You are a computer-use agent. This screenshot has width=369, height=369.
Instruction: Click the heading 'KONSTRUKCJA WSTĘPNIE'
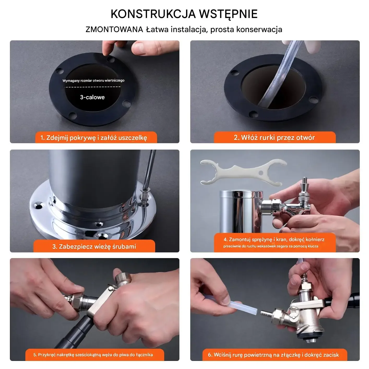coord(184,14)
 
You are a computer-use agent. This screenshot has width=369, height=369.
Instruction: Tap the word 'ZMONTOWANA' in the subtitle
coord(114,29)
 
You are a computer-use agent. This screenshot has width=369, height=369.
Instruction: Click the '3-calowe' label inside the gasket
coord(92,97)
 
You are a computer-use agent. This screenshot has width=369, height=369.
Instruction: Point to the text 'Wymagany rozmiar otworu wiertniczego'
coord(93,81)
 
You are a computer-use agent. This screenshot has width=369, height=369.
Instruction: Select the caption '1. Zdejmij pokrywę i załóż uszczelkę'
coord(94,138)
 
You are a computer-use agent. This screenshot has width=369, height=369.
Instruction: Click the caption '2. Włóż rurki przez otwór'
coord(274,138)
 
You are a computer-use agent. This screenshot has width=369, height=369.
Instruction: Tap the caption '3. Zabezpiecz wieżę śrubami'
coord(94,246)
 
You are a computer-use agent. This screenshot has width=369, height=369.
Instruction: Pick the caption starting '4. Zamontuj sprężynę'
coord(274,243)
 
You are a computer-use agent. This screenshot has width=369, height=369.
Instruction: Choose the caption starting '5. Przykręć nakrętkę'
coord(93,355)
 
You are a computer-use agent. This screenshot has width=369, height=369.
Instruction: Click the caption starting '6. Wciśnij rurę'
coord(273,355)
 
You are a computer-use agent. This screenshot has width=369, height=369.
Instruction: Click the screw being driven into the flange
coord(145,198)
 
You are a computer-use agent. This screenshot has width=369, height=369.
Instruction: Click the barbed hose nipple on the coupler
coord(267,313)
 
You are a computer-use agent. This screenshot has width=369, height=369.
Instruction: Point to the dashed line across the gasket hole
coord(93,87)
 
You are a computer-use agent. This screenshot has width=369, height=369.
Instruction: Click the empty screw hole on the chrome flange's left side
coord(38,206)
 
